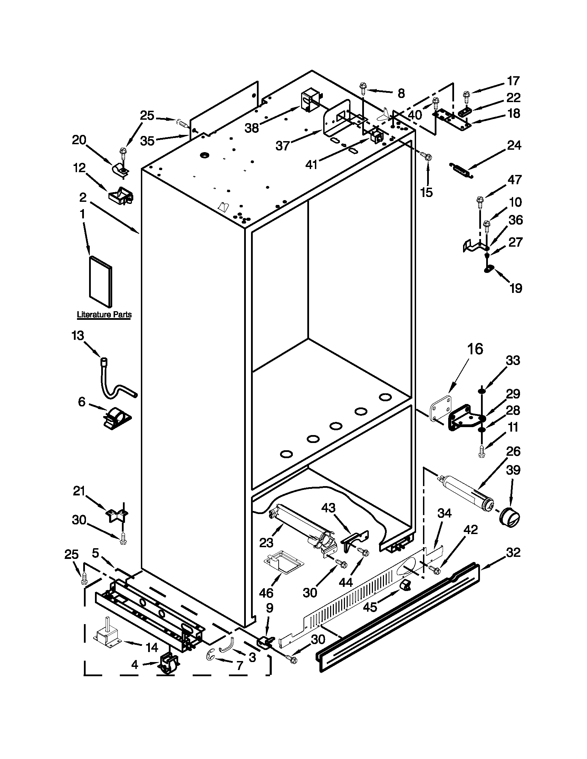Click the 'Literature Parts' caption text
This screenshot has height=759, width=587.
(104, 315)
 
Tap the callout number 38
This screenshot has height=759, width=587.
(252, 128)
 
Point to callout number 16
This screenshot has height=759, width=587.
(475, 349)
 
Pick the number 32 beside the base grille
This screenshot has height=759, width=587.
(513, 552)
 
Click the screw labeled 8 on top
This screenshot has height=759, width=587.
(363, 87)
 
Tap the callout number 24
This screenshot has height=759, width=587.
(514, 145)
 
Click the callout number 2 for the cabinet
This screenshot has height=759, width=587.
(83, 197)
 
